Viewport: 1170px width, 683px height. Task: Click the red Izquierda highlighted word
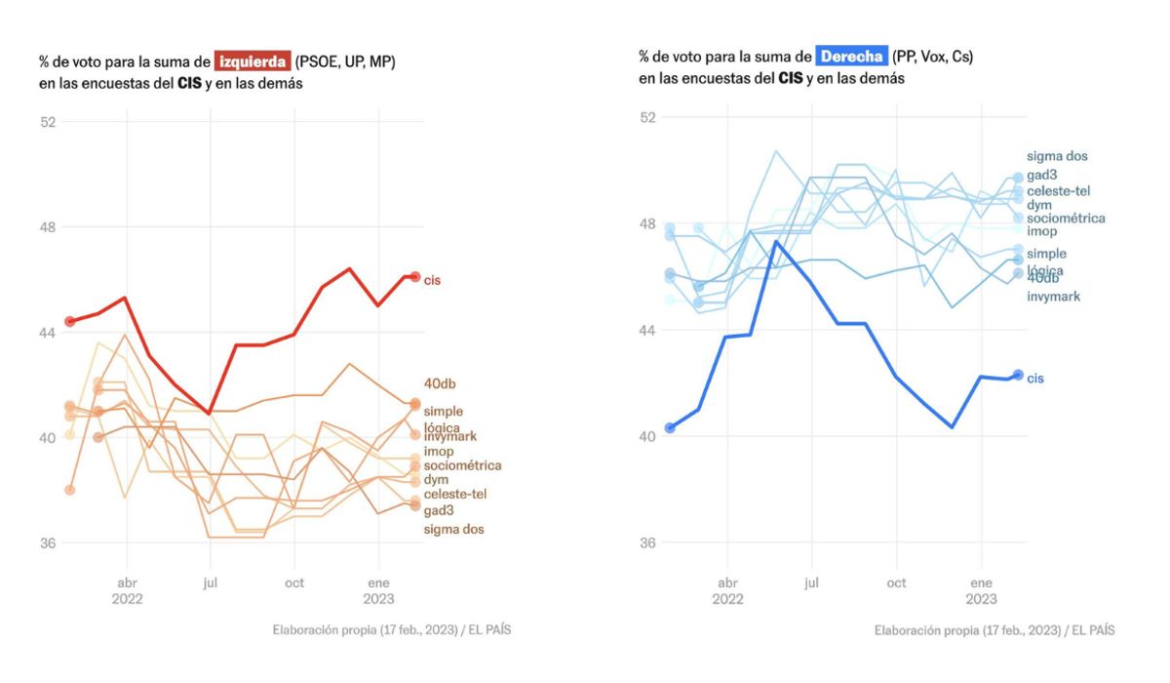click(253, 61)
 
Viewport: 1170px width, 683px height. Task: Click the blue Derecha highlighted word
click(852, 57)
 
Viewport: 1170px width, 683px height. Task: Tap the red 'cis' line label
click(433, 281)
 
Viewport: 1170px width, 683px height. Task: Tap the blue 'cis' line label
click(1035, 378)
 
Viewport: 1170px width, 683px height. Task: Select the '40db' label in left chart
click(439, 383)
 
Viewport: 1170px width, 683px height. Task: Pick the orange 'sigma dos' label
click(453, 529)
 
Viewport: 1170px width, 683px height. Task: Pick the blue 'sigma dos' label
click(1057, 156)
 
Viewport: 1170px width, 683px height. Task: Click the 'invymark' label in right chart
click(1053, 296)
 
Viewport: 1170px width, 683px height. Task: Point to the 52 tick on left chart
click(48, 122)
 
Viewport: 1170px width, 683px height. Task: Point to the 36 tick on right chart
click(646, 542)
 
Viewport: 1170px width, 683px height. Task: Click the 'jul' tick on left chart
click(210, 583)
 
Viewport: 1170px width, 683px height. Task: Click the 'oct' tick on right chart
click(896, 583)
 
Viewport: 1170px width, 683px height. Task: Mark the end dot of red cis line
click(414, 276)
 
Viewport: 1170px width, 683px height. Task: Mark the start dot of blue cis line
click(670, 427)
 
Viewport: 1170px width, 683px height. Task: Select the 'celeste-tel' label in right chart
click(1065, 191)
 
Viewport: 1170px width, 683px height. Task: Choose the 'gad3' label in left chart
click(439, 510)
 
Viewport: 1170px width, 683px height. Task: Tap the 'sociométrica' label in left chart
click(462, 465)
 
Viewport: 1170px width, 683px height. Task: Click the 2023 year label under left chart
click(379, 599)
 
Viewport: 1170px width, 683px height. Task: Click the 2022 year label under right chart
click(727, 599)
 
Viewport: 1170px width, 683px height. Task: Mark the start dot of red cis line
click(69, 321)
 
